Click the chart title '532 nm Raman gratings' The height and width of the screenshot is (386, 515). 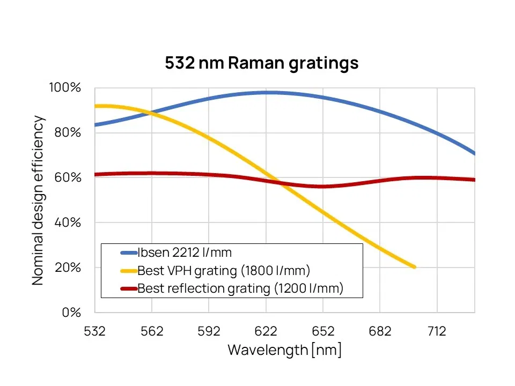pyautogui.click(x=261, y=63)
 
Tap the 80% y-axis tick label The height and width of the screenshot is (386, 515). pyautogui.click(x=67, y=132)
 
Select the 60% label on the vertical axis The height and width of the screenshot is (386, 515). pyautogui.click(x=67, y=177)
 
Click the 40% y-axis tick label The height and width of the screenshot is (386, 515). pyautogui.click(x=67, y=222)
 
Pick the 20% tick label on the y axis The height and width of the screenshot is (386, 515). pyautogui.click(x=67, y=268)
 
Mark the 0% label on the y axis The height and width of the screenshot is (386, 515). pyautogui.click(x=70, y=313)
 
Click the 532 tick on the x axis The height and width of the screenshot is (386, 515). pyautogui.click(x=95, y=331)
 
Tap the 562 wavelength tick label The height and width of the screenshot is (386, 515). pyautogui.click(x=152, y=331)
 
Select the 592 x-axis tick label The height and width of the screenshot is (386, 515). pyautogui.click(x=209, y=331)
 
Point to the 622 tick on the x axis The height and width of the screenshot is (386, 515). pyautogui.click(x=266, y=331)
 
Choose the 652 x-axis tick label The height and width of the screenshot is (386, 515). pyautogui.click(x=323, y=331)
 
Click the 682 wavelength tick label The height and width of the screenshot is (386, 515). pyautogui.click(x=380, y=331)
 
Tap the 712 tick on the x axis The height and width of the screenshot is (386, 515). pyautogui.click(x=437, y=331)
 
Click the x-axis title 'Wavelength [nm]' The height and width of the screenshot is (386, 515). pyautogui.click(x=284, y=351)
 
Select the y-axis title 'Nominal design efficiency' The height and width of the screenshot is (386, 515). pyautogui.click(x=38, y=200)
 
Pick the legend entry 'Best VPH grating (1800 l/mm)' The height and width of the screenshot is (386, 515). pyautogui.click(x=224, y=270)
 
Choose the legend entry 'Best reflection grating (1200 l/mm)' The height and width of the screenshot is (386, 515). pyautogui.click(x=240, y=288)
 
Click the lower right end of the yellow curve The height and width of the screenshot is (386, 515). pyautogui.click(x=414, y=266)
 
